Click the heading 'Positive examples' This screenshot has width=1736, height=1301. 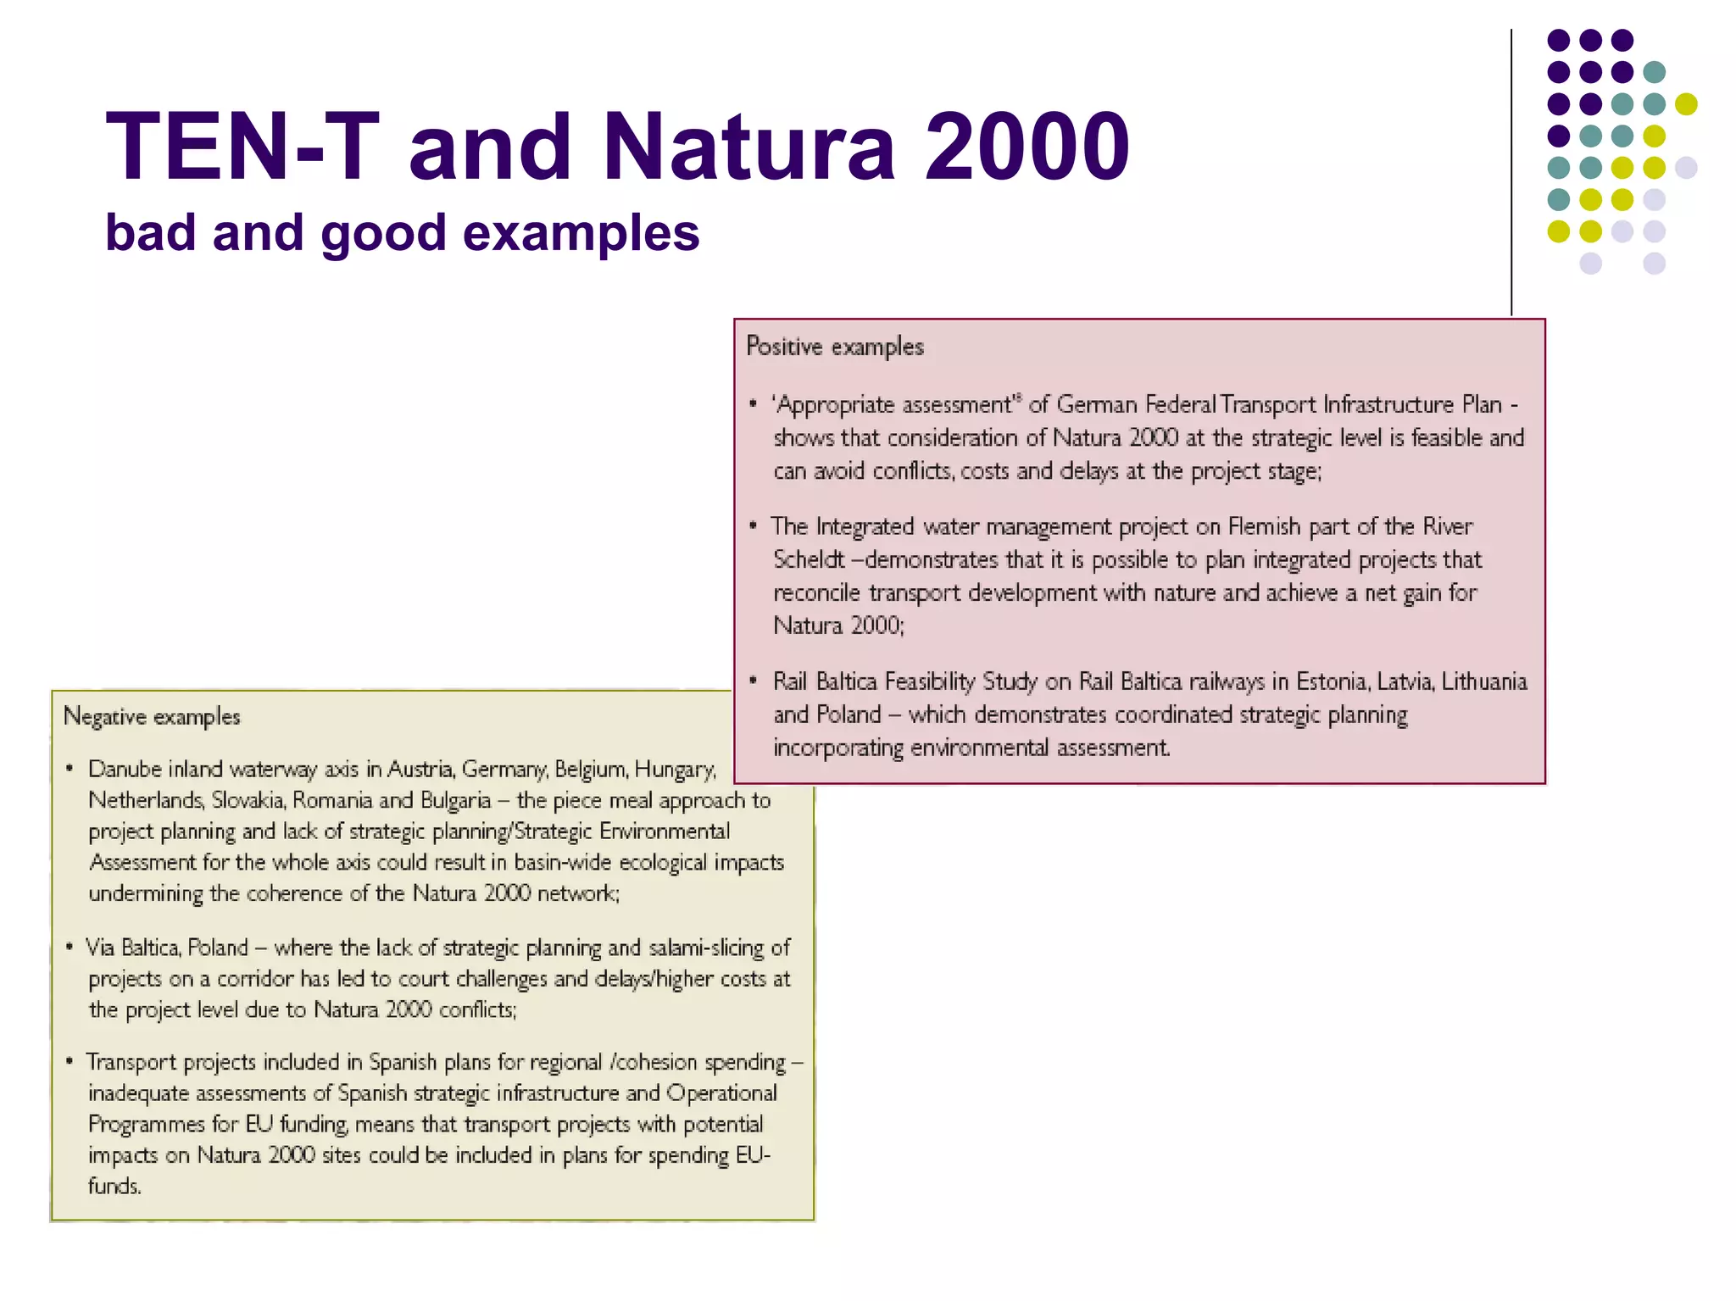(x=835, y=347)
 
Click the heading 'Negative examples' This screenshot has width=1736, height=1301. (x=152, y=717)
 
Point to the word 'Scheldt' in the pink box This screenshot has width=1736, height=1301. (x=810, y=560)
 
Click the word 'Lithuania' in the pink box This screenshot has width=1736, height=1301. (x=1484, y=681)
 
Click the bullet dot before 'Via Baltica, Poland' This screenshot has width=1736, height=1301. (x=70, y=947)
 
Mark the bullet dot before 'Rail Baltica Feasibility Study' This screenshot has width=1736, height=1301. (x=753, y=681)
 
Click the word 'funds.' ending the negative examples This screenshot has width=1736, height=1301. (x=114, y=1186)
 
